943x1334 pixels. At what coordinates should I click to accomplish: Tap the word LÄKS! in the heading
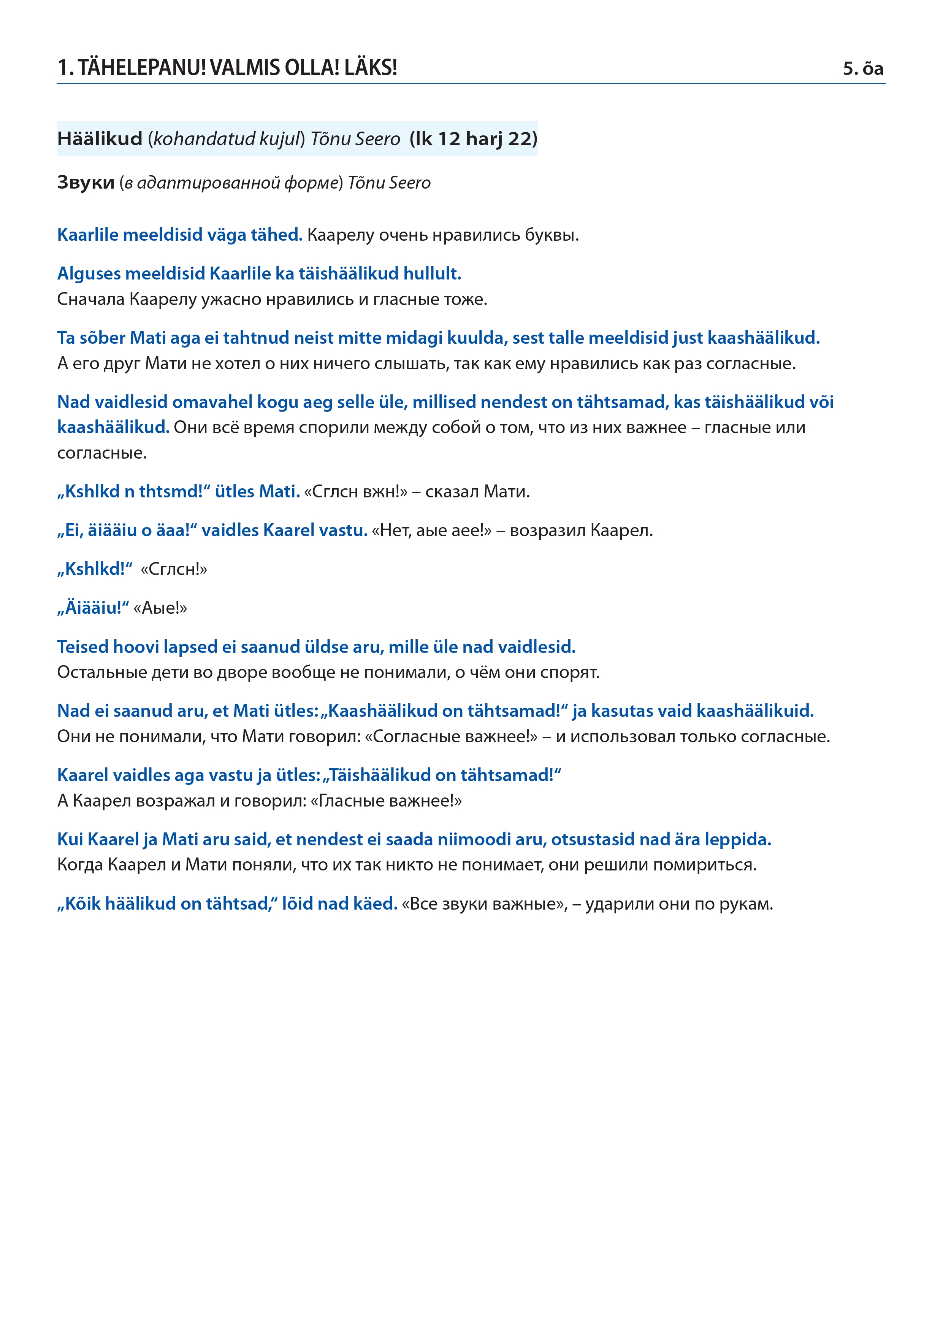[x=371, y=68]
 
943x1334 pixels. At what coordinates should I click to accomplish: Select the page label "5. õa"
[x=863, y=69]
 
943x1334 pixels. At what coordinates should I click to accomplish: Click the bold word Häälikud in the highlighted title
[x=100, y=139]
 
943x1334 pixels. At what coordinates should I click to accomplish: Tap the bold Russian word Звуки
[x=86, y=183]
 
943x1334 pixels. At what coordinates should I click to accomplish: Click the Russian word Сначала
[x=90, y=299]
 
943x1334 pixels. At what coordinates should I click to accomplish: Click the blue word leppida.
[x=737, y=840]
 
